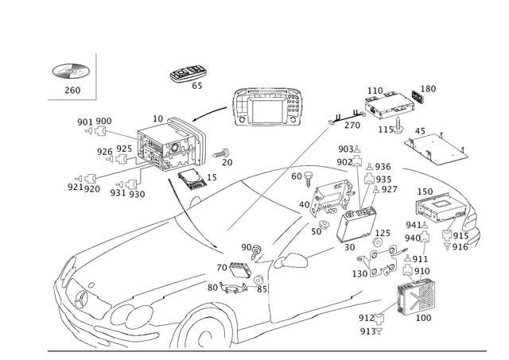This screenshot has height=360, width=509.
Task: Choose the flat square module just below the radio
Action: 191,180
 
